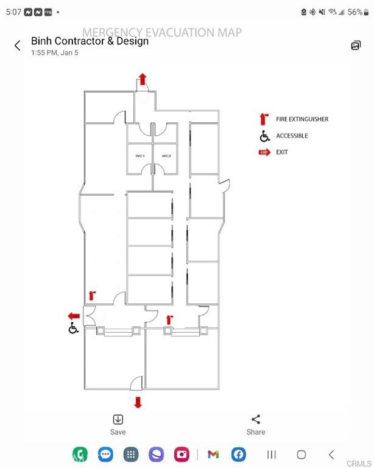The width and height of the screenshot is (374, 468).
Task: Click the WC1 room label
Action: click(x=140, y=156)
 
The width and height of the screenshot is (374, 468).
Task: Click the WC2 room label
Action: click(x=166, y=156)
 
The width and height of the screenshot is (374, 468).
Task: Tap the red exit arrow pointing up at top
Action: click(x=143, y=79)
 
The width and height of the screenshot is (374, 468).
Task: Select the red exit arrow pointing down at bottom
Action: click(x=138, y=402)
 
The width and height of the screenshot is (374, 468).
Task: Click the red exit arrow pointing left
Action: click(x=74, y=316)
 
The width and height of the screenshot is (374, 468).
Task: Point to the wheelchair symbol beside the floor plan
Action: click(x=73, y=328)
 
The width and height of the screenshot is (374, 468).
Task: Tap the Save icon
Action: click(x=118, y=419)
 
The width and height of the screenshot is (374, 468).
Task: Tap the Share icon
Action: click(x=256, y=419)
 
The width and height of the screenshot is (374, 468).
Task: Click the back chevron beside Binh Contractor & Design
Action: click(x=18, y=46)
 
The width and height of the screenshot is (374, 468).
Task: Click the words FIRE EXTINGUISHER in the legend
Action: click(x=302, y=119)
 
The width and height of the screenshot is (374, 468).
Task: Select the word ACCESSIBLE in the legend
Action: click(x=292, y=136)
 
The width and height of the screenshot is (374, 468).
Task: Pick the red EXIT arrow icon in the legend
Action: click(x=264, y=152)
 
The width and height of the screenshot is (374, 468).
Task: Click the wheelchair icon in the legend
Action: click(x=264, y=136)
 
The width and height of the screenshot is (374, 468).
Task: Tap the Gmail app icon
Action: click(x=213, y=455)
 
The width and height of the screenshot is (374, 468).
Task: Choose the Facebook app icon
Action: click(x=239, y=454)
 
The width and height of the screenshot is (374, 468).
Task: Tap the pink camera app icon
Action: click(x=182, y=454)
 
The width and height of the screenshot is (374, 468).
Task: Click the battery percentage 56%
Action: click(x=355, y=12)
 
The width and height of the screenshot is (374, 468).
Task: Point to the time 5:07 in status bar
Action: click(x=14, y=12)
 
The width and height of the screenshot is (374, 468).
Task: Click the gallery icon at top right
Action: click(x=356, y=45)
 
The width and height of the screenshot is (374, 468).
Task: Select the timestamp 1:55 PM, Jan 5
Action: click(x=55, y=53)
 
